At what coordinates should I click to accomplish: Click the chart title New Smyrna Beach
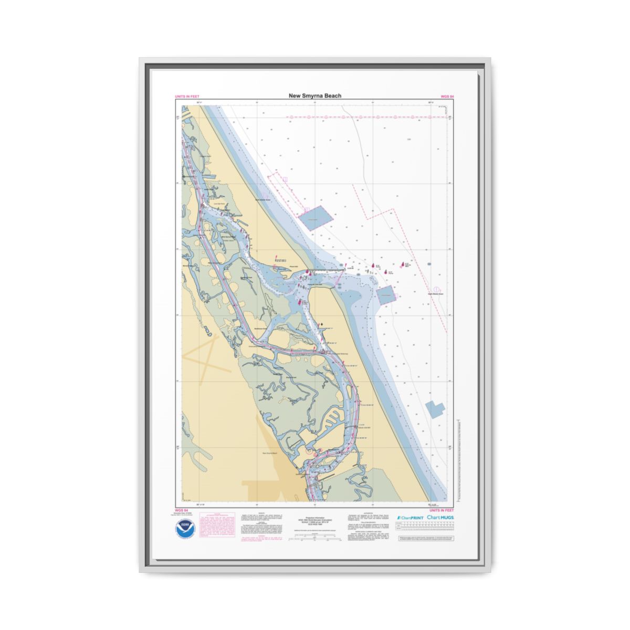(x=314, y=96)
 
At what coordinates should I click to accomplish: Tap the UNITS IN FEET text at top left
(x=187, y=97)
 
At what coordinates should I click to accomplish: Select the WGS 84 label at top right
(x=447, y=97)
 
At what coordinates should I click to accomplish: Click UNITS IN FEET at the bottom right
(x=442, y=510)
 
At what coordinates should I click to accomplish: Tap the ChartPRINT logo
(x=410, y=518)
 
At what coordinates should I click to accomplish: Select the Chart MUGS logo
(x=440, y=518)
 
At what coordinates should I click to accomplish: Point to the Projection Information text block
(x=315, y=520)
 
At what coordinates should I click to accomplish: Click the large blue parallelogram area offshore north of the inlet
(x=315, y=217)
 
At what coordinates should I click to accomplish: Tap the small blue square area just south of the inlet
(x=386, y=296)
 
